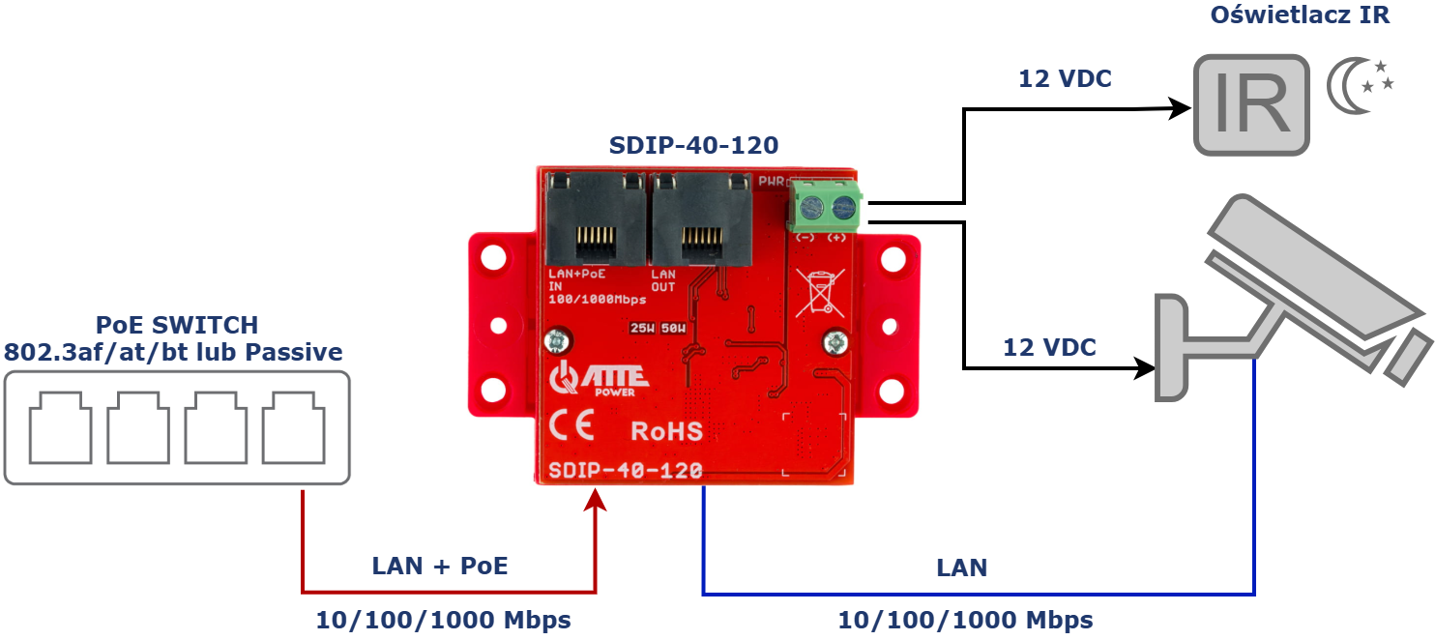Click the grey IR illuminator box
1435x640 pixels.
point(1251,104)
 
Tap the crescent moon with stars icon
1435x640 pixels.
point(1360,86)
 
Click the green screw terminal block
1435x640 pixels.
point(825,207)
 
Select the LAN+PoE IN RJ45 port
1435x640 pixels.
point(594,221)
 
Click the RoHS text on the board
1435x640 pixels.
point(666,430)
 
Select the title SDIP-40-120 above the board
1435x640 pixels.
point(693,146)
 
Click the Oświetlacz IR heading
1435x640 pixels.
point(1300,15)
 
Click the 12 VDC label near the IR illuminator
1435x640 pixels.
point(1065,79)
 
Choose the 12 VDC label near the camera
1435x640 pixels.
point(1049,348)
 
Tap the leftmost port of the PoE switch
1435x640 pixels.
point(61,427)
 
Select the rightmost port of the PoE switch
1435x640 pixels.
point(293,427)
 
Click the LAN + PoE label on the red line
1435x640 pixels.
point(440,567)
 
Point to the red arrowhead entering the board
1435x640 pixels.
point(596,501)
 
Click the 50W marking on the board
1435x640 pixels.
point(673,328)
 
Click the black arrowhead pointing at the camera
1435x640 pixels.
point(1145,368)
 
